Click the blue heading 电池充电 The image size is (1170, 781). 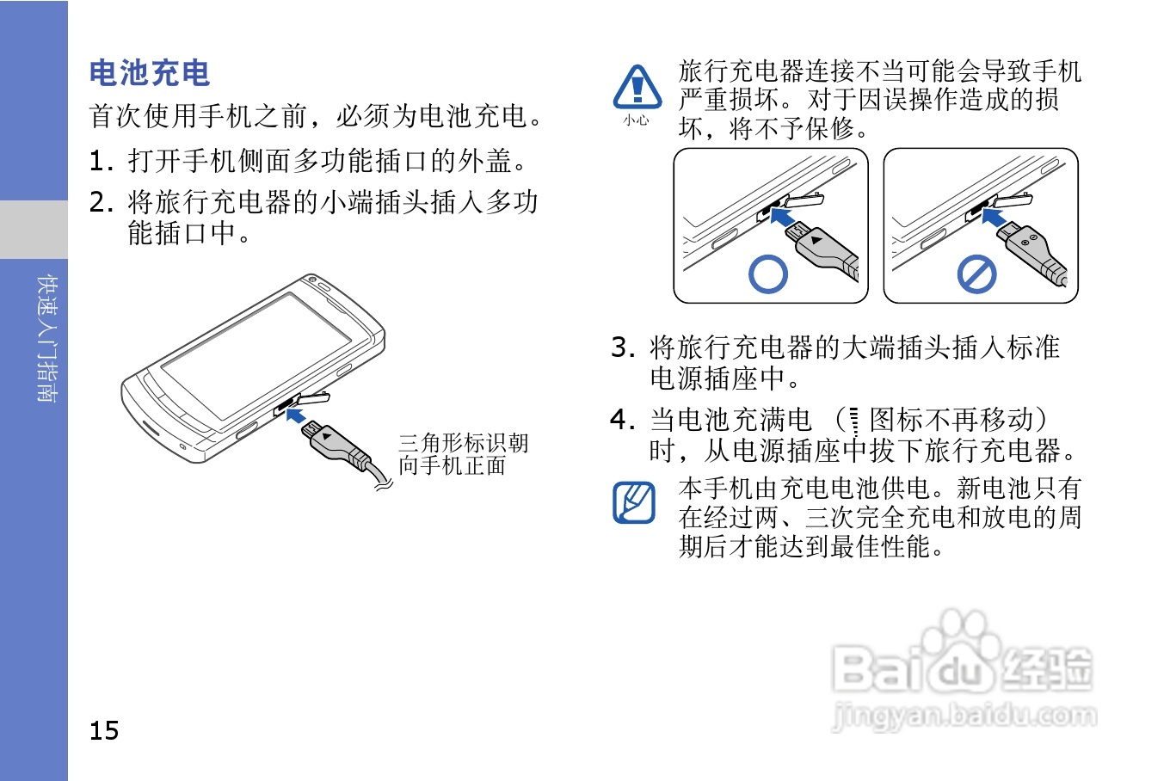point(150,72)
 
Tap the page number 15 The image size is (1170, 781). point(104,730)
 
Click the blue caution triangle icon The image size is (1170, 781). point(637,87)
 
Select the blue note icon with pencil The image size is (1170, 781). point(634,502)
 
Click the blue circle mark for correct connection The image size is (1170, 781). point(767,274)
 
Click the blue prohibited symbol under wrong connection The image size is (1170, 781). point(976,274)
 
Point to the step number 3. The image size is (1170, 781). point(623,347)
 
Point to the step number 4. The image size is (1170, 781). point(623,419)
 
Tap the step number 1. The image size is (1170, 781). point(101,161)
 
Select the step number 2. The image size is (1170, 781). point(101,202)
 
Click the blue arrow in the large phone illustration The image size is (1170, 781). point(295,415)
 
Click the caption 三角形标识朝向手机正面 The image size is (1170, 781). point(464,454)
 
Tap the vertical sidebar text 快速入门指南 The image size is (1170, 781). point(47,338)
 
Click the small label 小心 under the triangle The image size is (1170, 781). point(637,120)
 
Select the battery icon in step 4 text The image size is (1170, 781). point(854,421)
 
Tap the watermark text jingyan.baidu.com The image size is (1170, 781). point(964,716)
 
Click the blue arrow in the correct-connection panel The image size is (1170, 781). point(782,216)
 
